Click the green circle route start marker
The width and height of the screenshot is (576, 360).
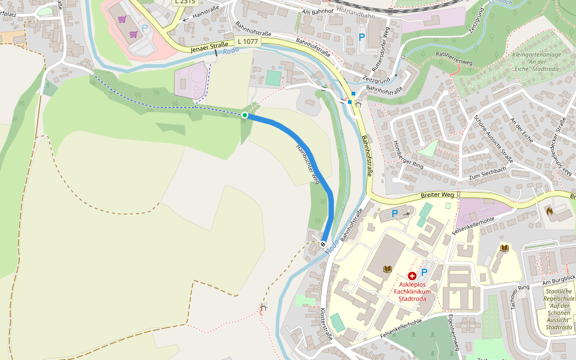245,115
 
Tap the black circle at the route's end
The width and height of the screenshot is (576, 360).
323,244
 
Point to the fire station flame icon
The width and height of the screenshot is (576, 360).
550,211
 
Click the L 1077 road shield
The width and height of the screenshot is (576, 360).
248,41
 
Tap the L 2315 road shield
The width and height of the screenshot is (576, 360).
185,2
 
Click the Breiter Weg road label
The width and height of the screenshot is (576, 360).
437,195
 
